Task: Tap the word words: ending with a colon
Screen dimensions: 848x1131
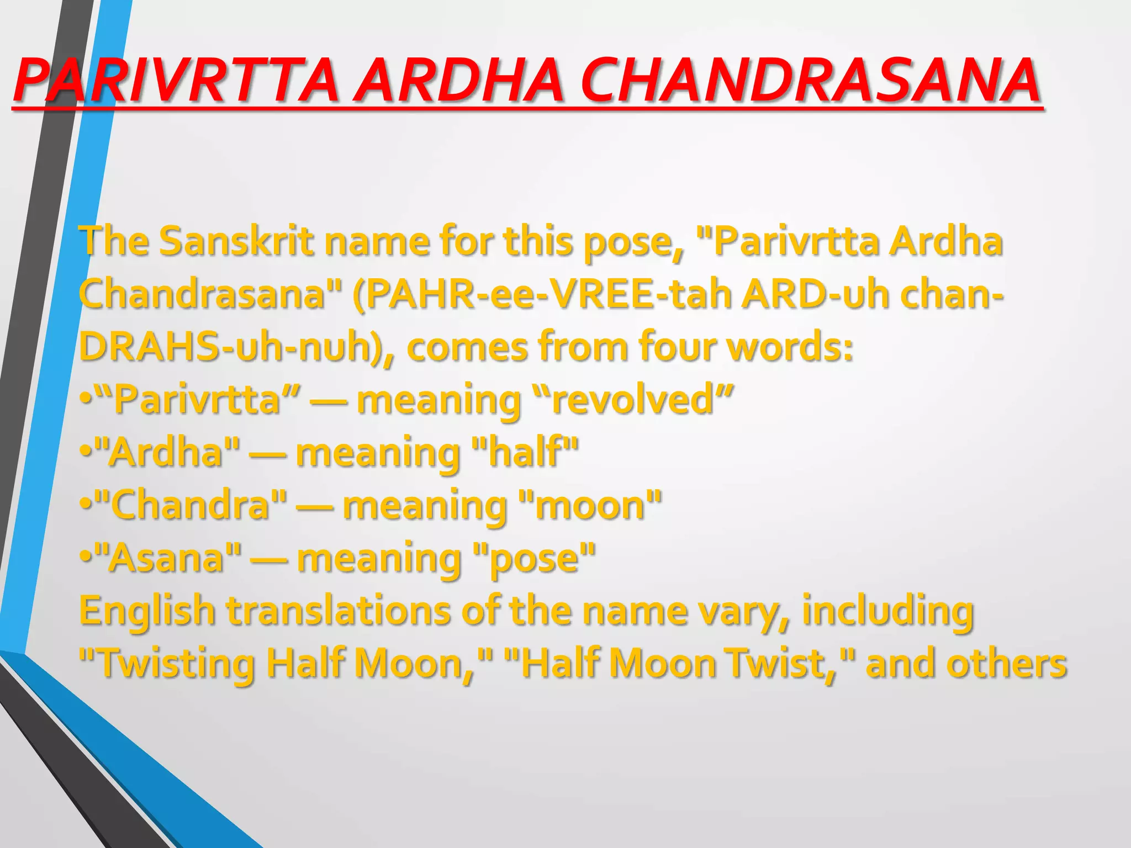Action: pos(790,347)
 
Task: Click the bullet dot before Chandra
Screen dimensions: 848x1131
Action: pos(85,505)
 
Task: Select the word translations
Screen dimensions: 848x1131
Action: pos(339,611)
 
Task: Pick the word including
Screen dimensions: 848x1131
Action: pos(888,611)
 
